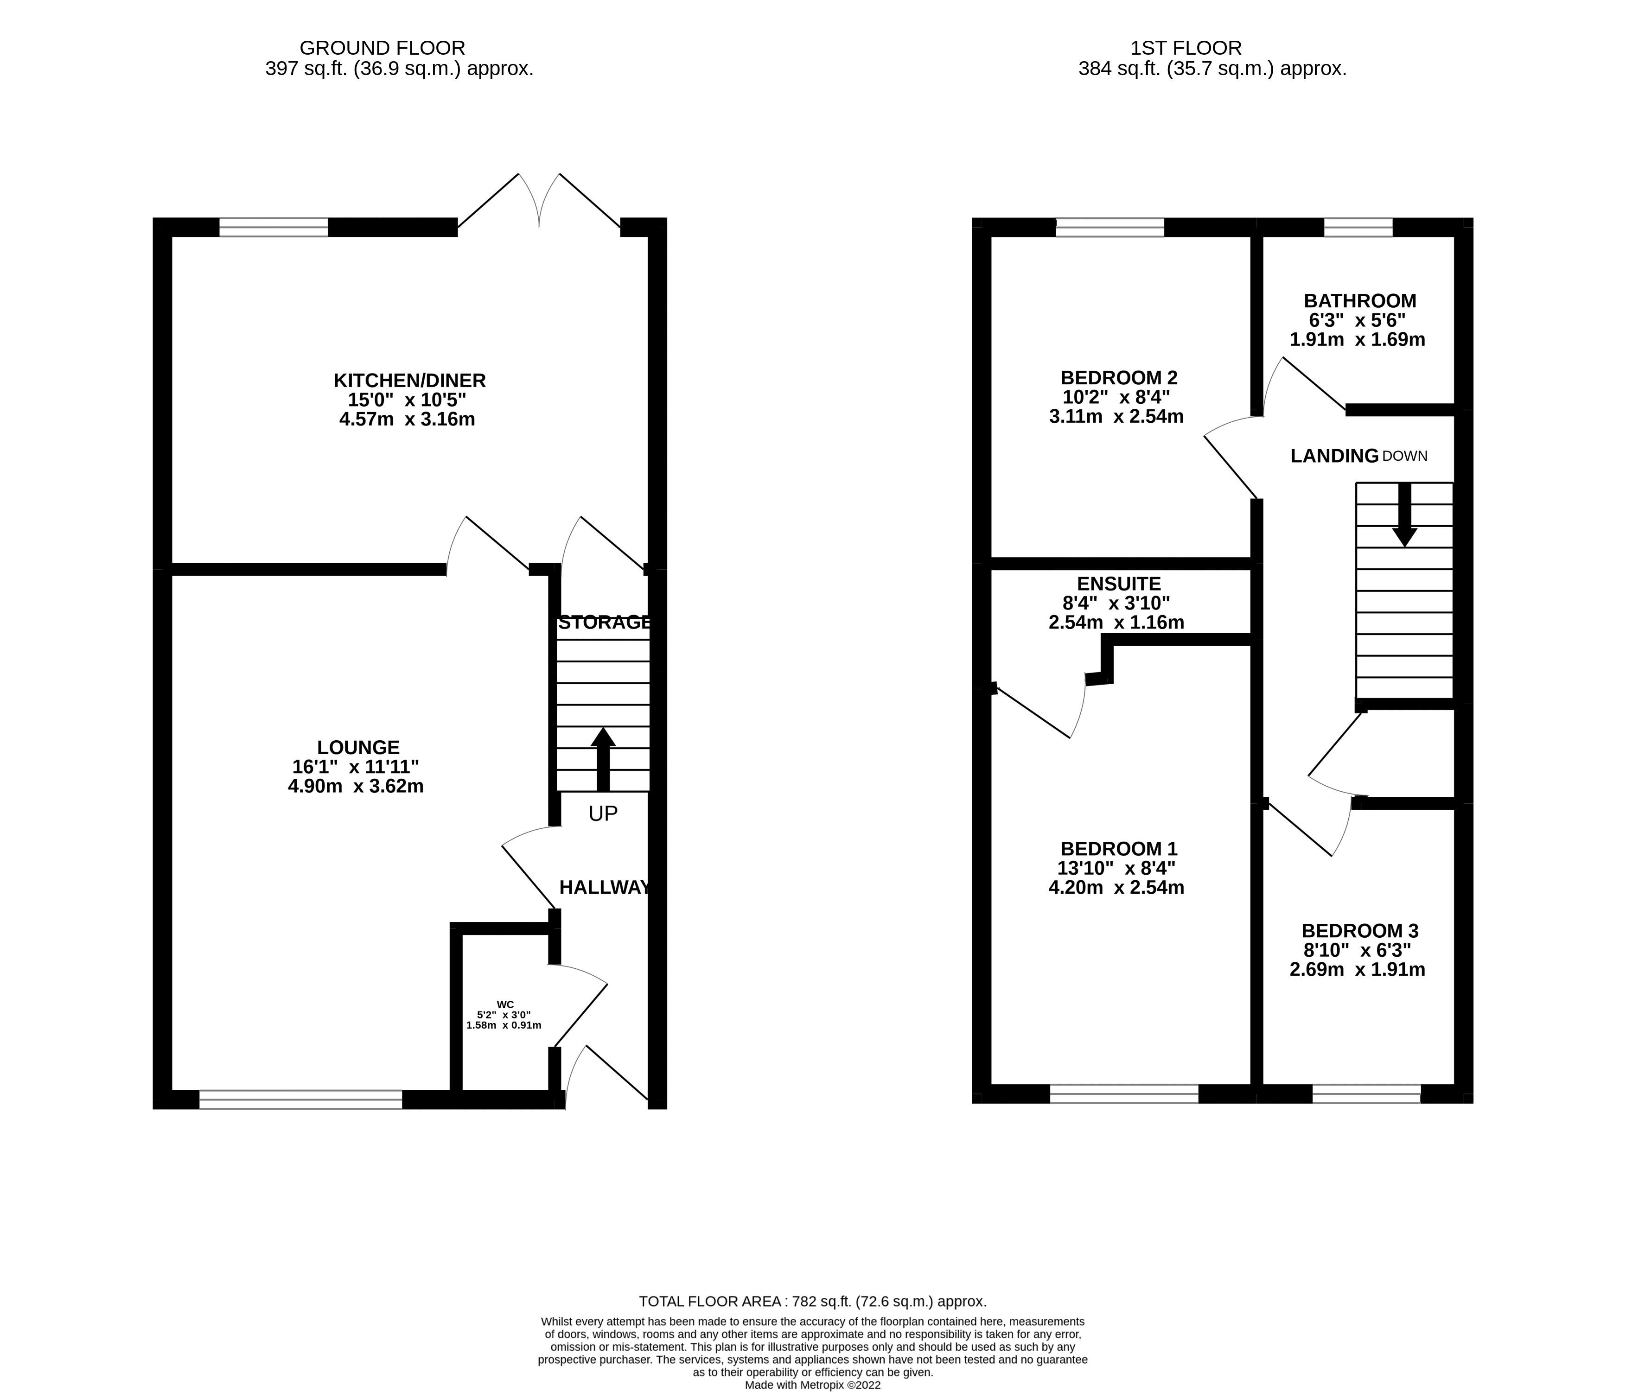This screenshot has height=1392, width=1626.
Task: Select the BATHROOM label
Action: click(x=1360, y=300)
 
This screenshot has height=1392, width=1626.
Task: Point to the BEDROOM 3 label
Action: click(x=1360, y=931)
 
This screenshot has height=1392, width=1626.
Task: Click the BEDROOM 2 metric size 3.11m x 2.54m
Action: click(x=1116, y=417)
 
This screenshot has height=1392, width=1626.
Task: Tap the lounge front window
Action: click(x=300, y=1100)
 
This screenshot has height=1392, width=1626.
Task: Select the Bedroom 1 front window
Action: click(x=1124, y=1094)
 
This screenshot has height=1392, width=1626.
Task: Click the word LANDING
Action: click(x=1334, y=456)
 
